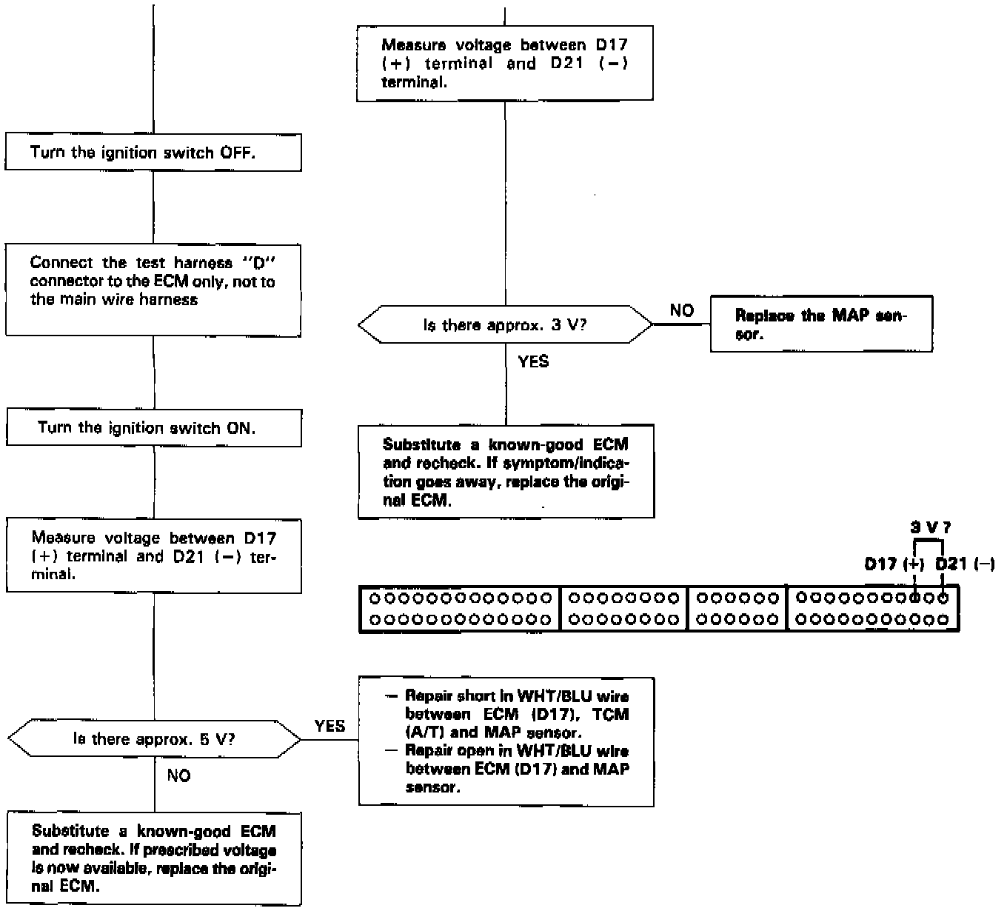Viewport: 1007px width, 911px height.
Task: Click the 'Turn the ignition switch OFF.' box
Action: [153, 153]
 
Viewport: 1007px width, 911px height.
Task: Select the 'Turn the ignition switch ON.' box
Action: [153, 428]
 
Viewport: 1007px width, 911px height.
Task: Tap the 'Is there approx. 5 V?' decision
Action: [154, 739]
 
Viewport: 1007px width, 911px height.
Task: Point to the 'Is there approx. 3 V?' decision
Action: [505, 325]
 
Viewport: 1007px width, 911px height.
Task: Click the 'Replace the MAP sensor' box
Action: [821, 324]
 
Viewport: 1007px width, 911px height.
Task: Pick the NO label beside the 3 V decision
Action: [682, 311]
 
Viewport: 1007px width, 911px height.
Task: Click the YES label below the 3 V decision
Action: [533, 361]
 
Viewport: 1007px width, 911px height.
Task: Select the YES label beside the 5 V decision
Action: [329, 726]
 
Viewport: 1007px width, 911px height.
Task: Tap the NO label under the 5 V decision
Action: [178, 775]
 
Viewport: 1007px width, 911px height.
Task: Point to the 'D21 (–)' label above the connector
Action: [965, 564]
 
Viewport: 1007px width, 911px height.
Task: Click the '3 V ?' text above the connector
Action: [930, 528]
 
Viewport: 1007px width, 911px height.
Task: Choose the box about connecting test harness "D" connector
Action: [153, 290]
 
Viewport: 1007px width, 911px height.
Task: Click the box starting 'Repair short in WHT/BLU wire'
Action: [506, 741]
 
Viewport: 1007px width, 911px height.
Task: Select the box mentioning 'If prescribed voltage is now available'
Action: [154, 858]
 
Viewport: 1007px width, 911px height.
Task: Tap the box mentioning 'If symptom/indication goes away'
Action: [506, 472]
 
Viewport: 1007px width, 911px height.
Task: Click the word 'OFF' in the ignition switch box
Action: [237, 153]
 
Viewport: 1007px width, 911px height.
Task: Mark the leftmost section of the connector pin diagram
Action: [461, 609]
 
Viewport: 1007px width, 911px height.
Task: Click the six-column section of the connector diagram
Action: [737, 609]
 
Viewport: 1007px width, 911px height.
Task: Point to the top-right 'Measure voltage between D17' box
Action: [505, 63]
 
